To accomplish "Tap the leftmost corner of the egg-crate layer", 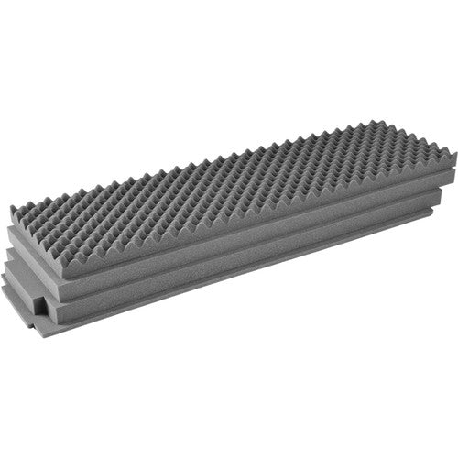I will pyautogui.click(x=11, y=207).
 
